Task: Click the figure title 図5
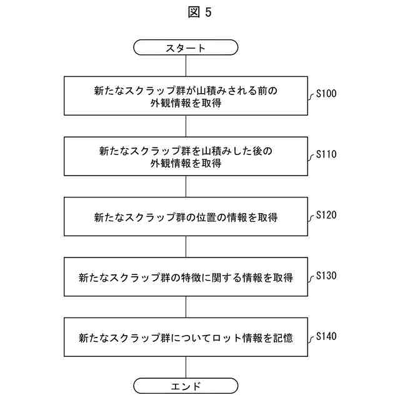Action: (x=199, y=13)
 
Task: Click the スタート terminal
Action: (x=186, y=47)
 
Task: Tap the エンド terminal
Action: (x=186, y=386)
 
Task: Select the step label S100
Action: (x=326, y=94)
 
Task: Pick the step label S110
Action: (x=326, y=154)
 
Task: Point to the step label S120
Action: (x=326, y=214)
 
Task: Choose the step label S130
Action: (x=326, y=275)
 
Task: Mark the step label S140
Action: (x=326, y=336)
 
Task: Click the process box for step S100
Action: (x=186, y=96)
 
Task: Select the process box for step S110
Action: (x=186, y=157)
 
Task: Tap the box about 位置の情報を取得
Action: (x=186, y=217)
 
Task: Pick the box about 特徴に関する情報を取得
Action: (x=186, y=277)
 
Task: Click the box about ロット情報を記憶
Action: (x=186, y=338)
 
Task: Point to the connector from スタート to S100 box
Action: (x=186, y=66)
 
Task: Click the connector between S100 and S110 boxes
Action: (x=186, y=126)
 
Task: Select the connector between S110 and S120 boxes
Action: (x=186, y=187)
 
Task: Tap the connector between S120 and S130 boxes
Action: (x=186, y=247)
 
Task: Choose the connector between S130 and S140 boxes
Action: (x=186, y=308)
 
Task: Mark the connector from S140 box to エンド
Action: (x=186, y=367)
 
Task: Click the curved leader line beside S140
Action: (x=311, y=339)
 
